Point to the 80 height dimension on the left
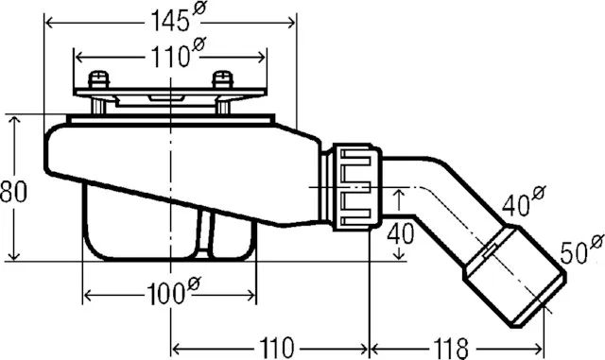(x=13, y=190)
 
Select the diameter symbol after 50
(x=596, y=245)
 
